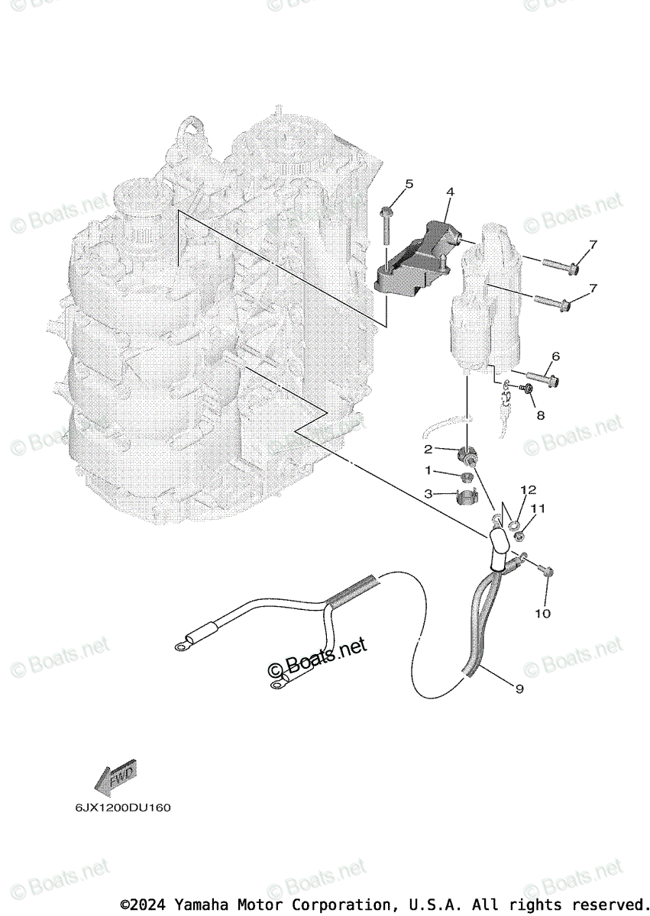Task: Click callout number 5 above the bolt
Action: coord(409,184)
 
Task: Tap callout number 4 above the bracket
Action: coord(450,192)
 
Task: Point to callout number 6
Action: coord(555,356)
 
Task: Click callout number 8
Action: coord(540,415)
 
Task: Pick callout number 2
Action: coord(428,449)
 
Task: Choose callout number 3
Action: coord(428,494)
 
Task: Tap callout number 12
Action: coord(529,489)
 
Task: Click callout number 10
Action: coord(546,613)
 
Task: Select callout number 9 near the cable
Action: coord(519,689)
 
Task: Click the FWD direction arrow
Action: coord(115,778)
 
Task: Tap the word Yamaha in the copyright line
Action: coord(201,905)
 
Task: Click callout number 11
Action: coord(538,508)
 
